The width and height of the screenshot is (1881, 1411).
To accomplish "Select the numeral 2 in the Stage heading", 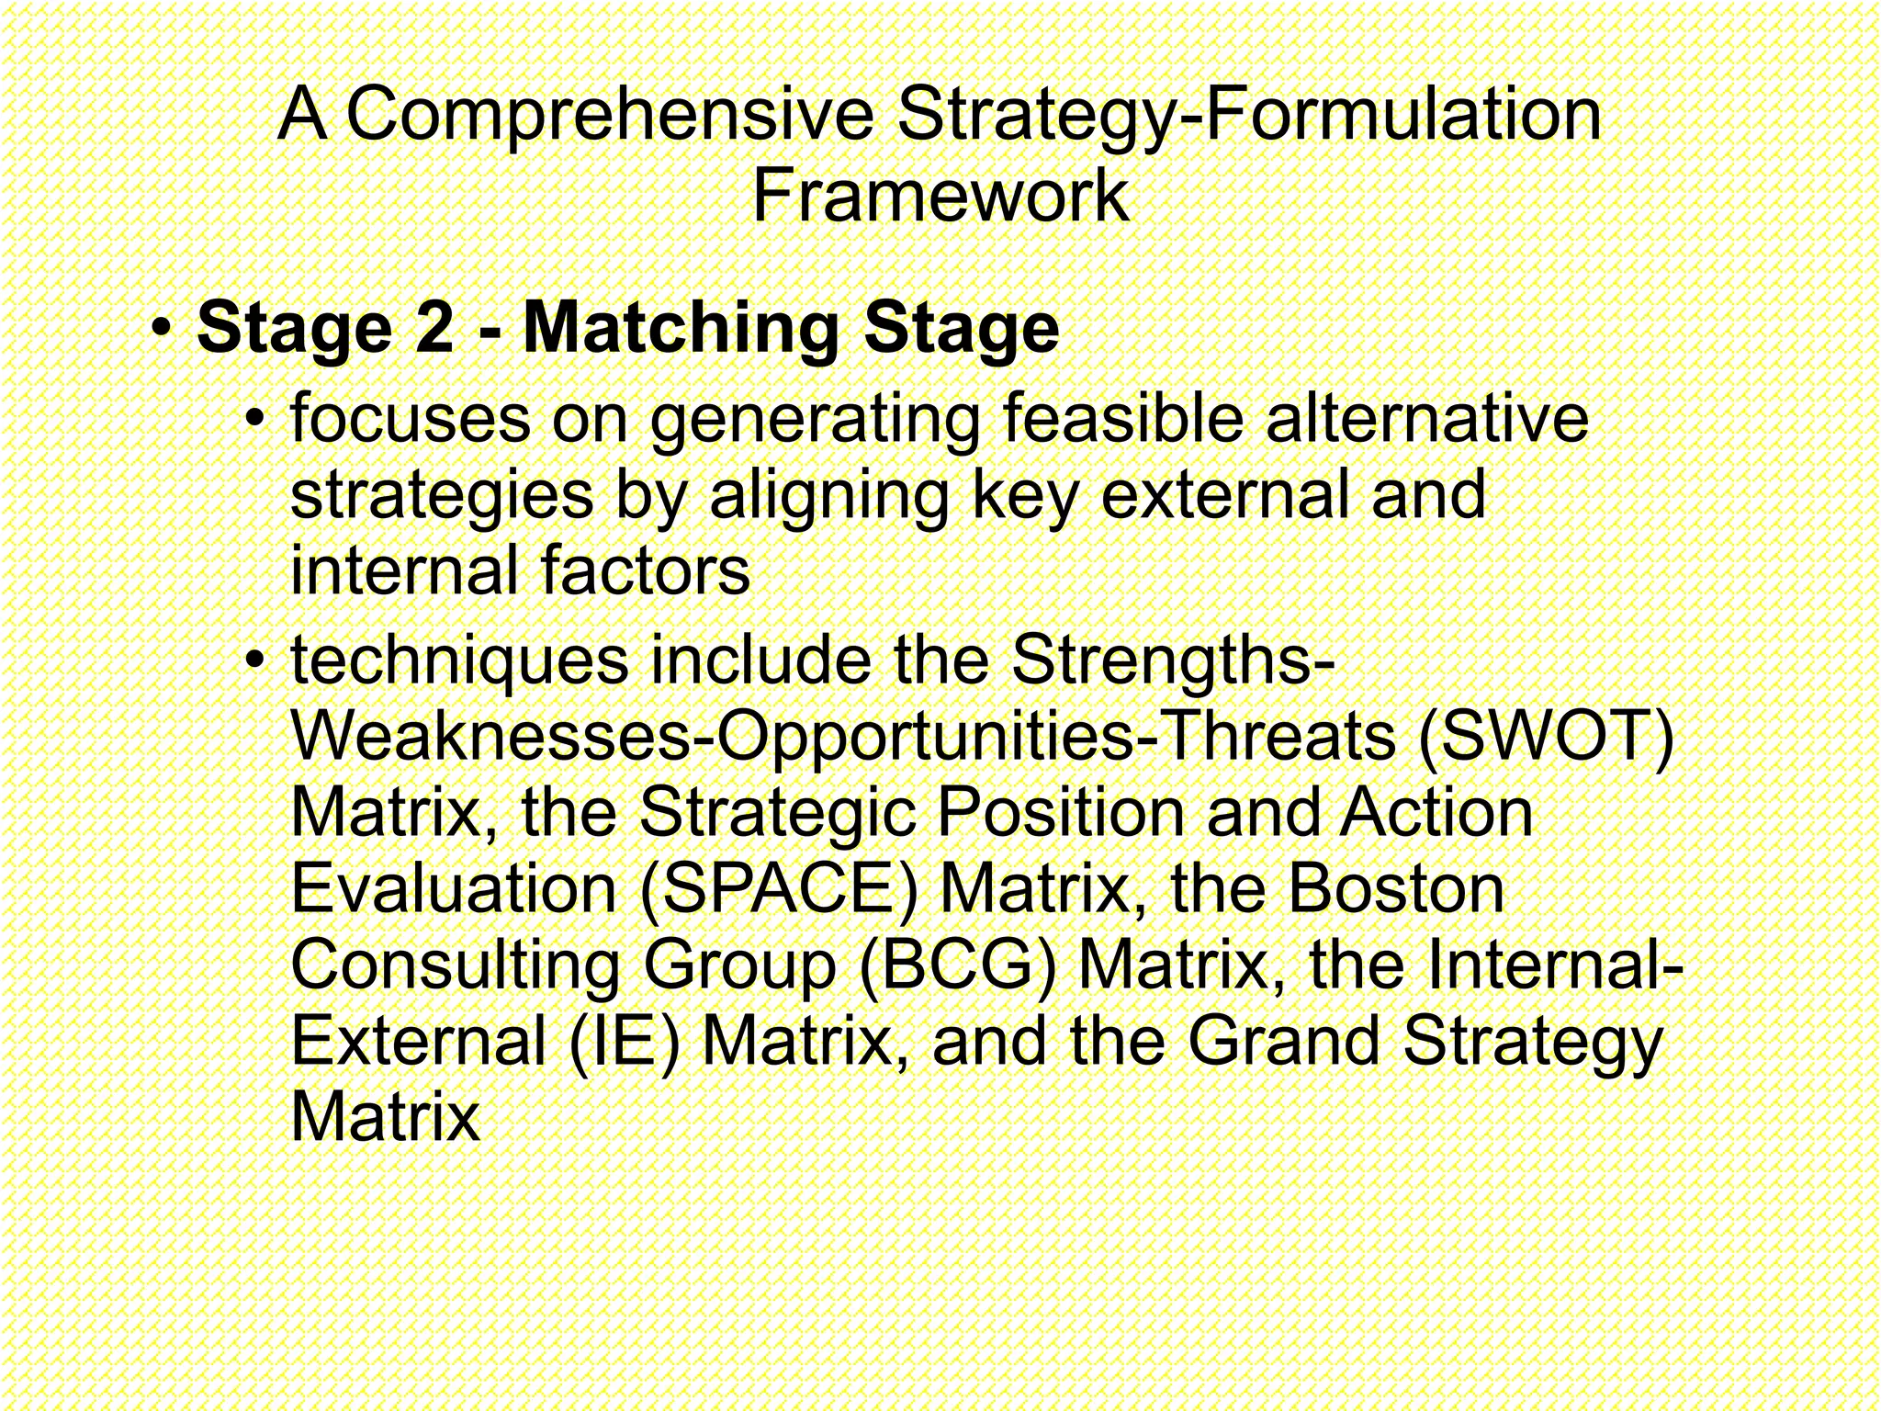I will (x=434, y=328).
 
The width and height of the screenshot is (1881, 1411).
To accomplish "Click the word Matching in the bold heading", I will (x=681, y=330).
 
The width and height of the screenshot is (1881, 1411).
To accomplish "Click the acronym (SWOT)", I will (x=1546, y=737).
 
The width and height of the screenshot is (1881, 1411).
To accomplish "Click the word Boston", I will (x=1396, y=889).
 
